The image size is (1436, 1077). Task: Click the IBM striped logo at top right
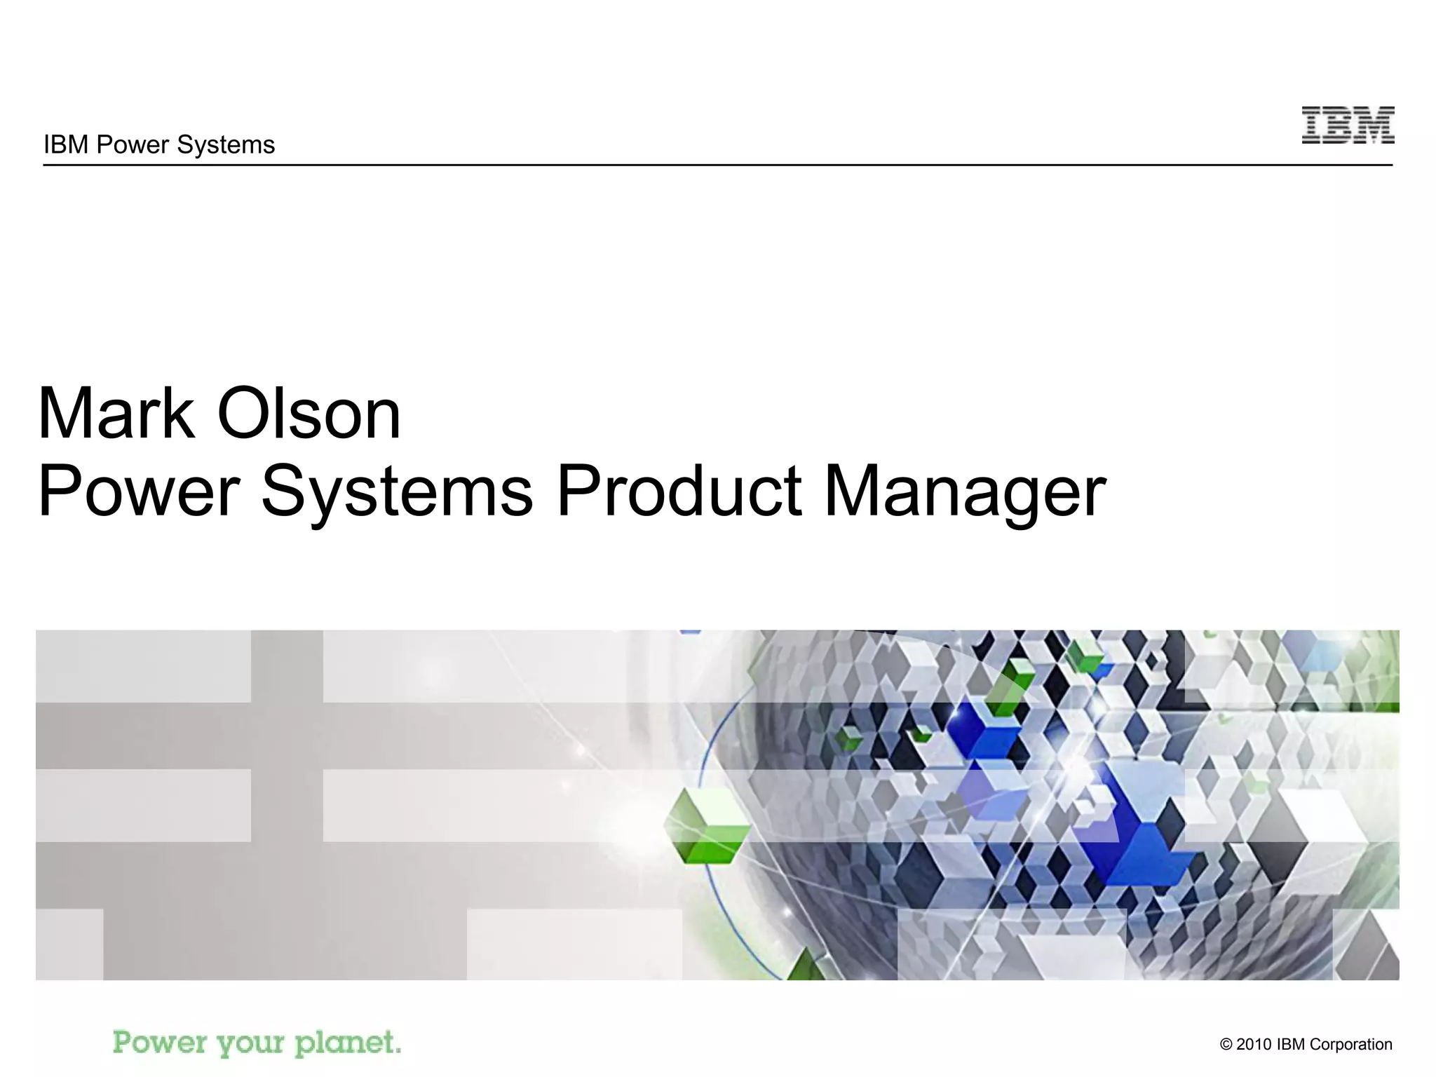pos(1348,126)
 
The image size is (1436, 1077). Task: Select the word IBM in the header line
pos(67,144)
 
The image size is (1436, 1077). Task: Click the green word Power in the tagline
pos(160,1043)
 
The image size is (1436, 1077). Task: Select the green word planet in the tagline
pos(346,1043)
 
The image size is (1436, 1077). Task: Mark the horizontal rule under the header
pos(717,165)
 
